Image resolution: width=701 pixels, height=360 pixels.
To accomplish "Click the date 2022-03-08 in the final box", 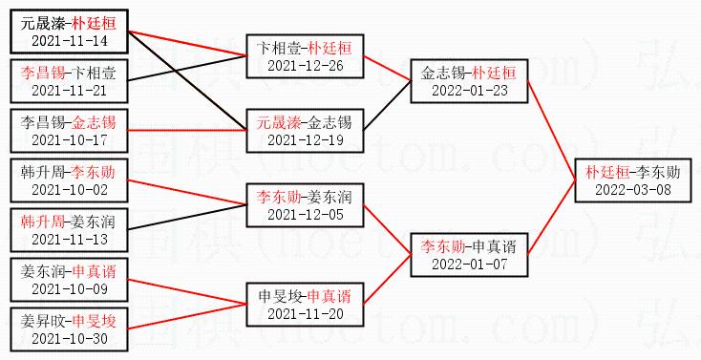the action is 633,190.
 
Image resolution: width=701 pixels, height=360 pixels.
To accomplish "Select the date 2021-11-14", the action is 70,41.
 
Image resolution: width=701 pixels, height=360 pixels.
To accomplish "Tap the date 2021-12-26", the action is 306,66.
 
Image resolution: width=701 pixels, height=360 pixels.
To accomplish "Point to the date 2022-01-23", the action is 470,91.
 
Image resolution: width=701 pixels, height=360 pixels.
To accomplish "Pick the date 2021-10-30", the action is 70,339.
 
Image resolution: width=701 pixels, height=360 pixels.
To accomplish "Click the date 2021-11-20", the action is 306,314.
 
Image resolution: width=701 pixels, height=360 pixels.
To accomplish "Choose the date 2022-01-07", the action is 470,264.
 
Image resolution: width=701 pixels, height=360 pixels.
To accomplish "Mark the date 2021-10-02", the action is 70,190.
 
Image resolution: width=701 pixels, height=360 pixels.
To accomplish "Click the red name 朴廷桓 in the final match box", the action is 607,172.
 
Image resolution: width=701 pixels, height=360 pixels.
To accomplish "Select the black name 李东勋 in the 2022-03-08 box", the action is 658,172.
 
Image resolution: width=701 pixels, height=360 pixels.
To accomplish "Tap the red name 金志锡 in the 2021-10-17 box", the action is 94,122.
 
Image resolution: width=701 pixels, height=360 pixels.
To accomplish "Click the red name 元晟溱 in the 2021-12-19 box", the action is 279,122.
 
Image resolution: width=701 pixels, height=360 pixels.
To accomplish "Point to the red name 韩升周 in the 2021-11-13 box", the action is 43,222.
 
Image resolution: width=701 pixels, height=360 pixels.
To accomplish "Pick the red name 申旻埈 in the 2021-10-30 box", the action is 94,321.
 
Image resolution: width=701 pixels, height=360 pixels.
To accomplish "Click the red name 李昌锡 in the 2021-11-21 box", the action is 43,73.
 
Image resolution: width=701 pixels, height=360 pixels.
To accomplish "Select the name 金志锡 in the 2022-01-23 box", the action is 443,73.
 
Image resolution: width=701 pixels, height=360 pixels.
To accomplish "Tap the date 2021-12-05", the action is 306,215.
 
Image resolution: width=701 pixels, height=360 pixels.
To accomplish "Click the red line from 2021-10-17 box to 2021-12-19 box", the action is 187,131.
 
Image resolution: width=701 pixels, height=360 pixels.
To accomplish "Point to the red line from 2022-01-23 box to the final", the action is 551,131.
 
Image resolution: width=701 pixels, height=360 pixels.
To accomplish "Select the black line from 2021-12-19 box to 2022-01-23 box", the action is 387,106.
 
